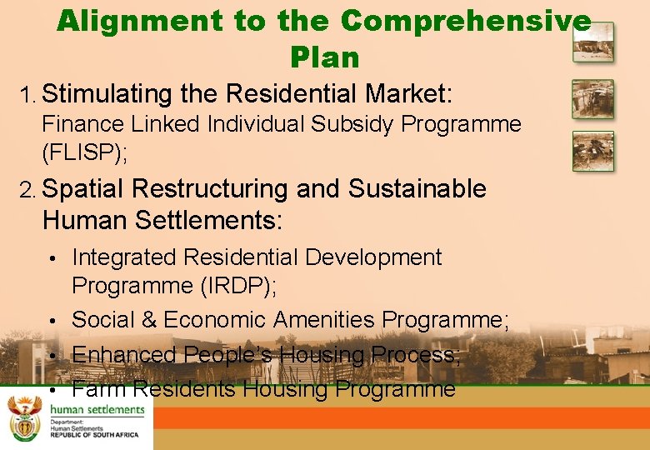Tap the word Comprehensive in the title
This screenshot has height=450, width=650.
[x=466, y=21]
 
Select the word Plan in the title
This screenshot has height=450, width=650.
[x=325, y=57]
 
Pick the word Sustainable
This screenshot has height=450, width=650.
[x=417, y=189]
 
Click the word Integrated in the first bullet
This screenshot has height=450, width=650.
[x=124, y=257]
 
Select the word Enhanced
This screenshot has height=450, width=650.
[x=124, y=355]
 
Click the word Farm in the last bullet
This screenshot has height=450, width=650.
[x=99, y=389]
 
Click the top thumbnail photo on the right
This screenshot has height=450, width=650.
[x=592, y=42]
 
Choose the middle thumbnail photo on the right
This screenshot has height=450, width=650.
[x=592, y=99]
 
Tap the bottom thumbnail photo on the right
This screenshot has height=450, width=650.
[x=592, y=151]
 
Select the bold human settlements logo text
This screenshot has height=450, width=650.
[x=97, y=409]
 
